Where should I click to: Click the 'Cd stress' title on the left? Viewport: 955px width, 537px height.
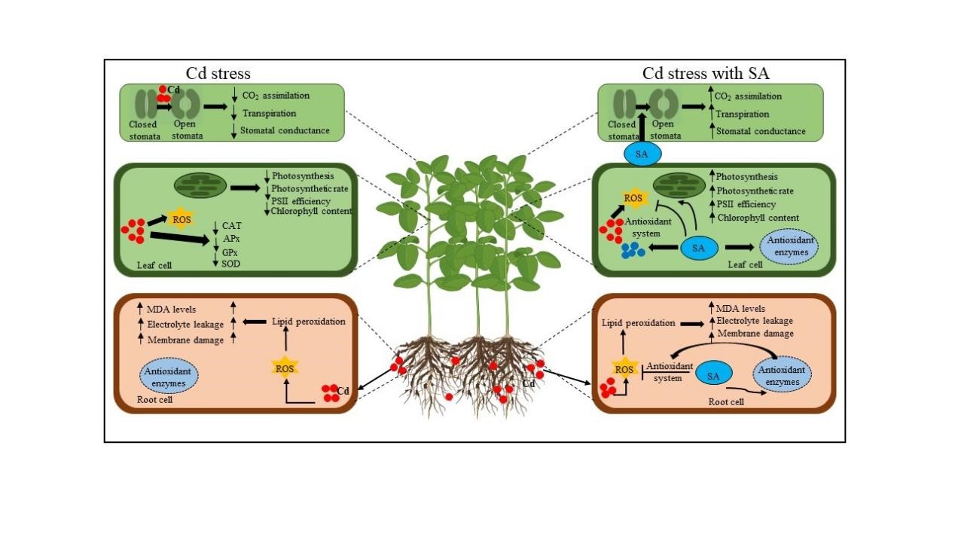pyautogui.click(x=218, y=73)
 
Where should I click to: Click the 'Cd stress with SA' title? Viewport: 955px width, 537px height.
pyautogui.click(x=705, y=73)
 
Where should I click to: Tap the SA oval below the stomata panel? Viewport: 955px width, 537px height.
pyautogui.click(x=642, y=154)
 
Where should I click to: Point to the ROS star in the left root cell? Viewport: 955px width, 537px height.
pyautogui.click(x=285, y=368)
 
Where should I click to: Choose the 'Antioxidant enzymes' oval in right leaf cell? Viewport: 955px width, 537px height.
pyautogui.click(x=790, y=246)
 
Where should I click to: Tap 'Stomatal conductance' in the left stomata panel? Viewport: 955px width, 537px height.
pyautogui.click(x=286, y=130)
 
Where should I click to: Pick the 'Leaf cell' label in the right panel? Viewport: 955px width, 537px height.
pyautogui.click(x=744, y=264)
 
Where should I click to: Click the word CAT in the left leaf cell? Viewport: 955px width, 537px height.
pyautogui.click(x=232, y=224)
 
